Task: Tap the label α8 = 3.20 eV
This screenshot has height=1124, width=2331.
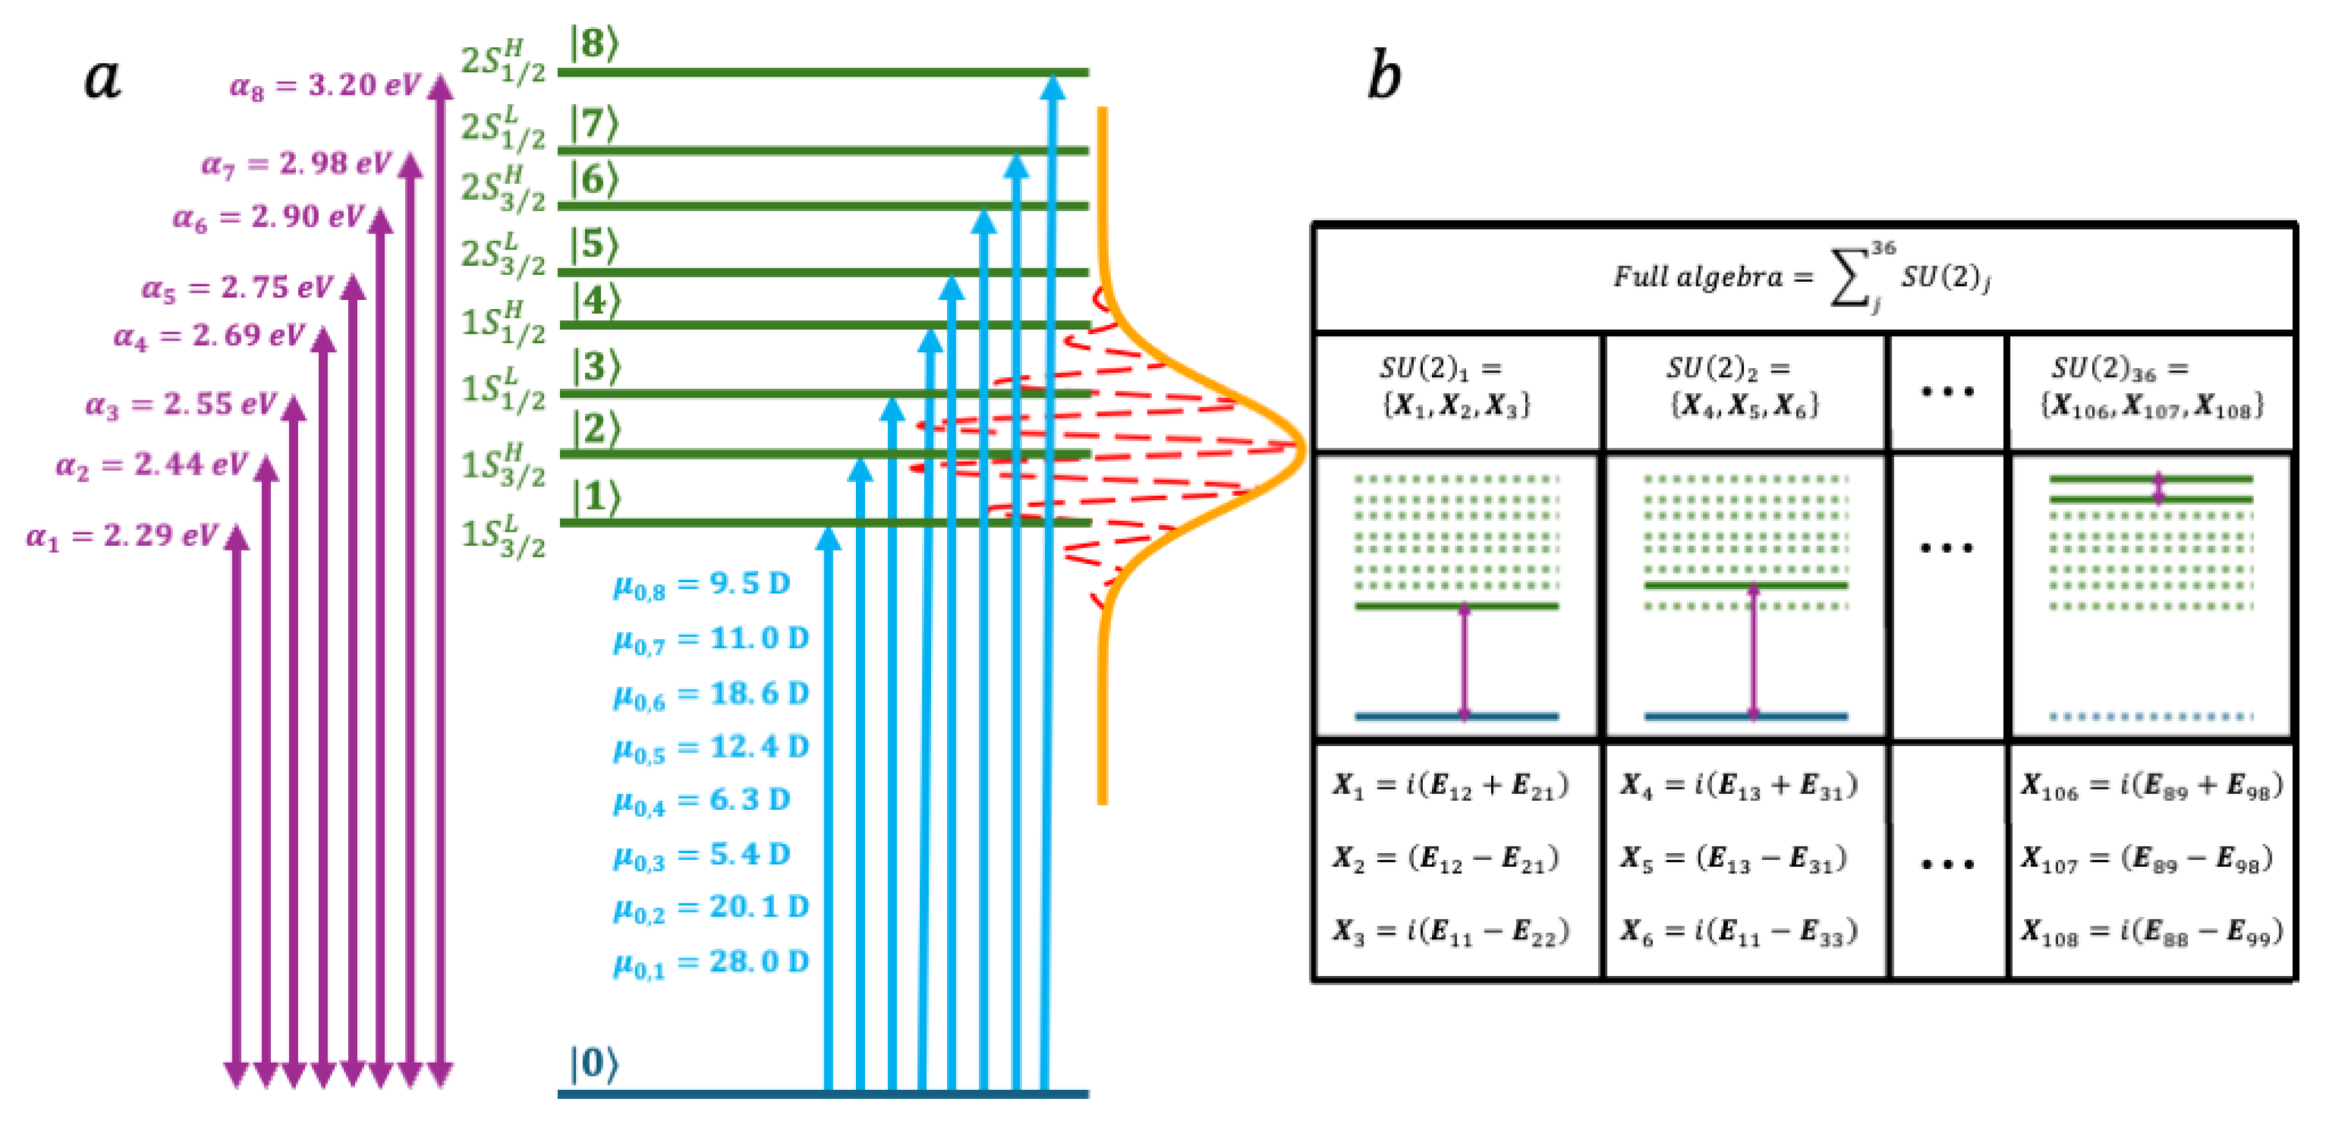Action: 324,86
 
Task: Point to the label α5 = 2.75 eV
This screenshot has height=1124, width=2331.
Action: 237,288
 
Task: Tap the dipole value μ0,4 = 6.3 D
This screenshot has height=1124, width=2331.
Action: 701,801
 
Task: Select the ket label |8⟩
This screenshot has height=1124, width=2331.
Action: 593,43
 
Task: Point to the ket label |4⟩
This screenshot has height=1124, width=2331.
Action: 593,301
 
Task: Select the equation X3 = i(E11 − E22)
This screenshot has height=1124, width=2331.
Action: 1450,932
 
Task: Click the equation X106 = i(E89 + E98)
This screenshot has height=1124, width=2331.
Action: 2151,785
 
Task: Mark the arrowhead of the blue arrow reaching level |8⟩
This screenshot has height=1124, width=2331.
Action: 1052,88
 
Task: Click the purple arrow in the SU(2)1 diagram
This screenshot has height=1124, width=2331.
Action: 1464,660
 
